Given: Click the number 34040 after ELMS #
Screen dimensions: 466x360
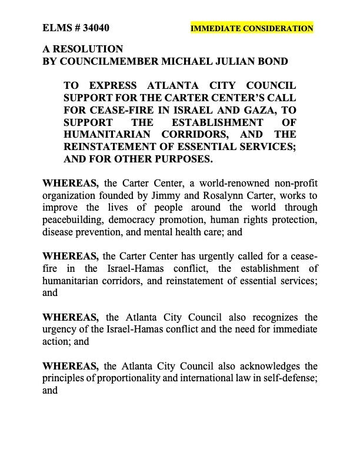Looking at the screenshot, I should coord(95,28).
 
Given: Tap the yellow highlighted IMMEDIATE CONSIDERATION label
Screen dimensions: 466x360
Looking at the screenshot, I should coord(252,28).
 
